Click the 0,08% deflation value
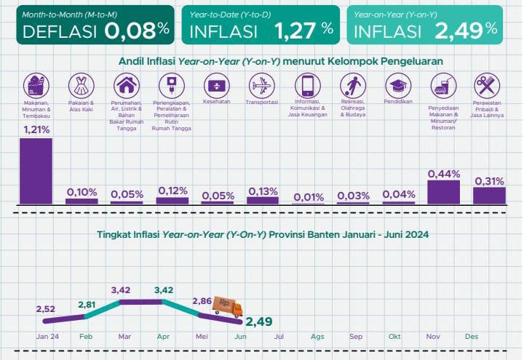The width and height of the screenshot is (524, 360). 137,30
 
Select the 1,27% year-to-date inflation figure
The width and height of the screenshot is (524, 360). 303,31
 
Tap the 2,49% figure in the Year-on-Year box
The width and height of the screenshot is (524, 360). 466,30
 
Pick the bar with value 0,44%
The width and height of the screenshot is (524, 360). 443,191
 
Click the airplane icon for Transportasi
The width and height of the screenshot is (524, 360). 263,85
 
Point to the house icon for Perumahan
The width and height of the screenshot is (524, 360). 127,85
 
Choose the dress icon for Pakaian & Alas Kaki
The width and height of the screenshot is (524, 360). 81,85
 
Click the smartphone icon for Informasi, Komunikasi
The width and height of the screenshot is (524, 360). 308,85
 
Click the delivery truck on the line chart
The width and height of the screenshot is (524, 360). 227,308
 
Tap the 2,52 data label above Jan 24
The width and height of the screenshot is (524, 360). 44,308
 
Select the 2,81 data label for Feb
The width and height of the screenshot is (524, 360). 87,304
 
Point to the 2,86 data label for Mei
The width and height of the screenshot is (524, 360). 202,300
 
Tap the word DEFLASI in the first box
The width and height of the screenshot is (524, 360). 60,31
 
